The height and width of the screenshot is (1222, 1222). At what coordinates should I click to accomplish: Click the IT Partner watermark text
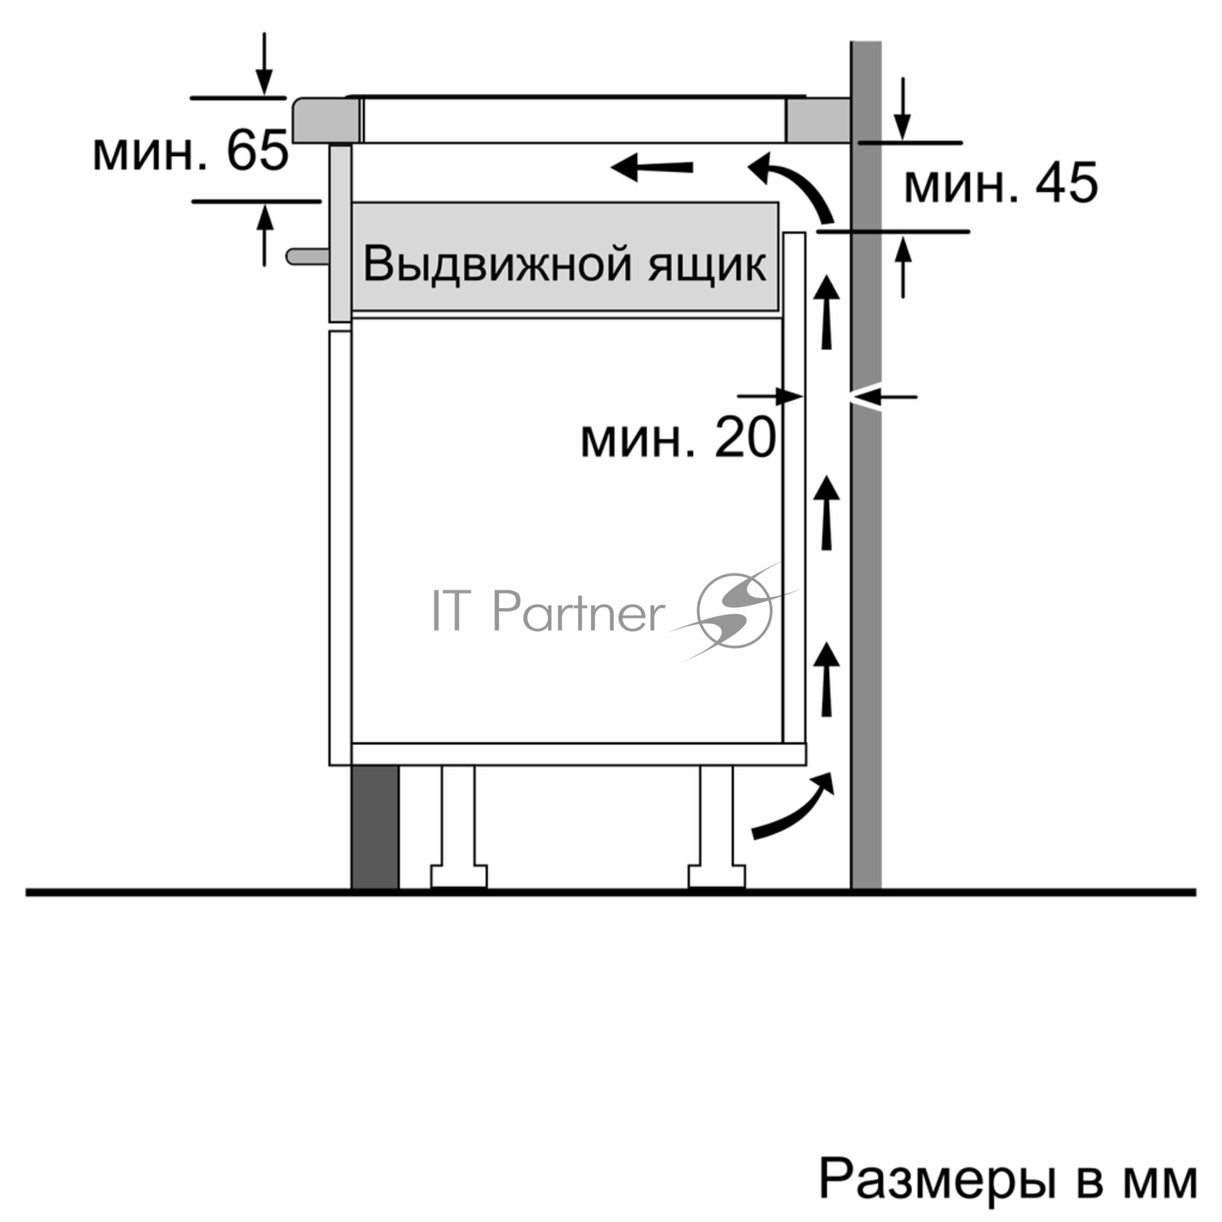[x=547, y=612]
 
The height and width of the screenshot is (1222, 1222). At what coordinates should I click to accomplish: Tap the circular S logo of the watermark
[x=734, y=610]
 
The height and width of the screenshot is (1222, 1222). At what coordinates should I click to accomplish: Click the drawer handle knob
[x=307, y=256]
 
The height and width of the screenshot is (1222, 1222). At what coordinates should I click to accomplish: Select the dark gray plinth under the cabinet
[x=375, y=827]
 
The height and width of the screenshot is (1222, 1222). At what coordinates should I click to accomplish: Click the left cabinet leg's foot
[x=459, y=876]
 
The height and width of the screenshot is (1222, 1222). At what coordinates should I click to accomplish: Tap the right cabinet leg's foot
[x=717, y=876]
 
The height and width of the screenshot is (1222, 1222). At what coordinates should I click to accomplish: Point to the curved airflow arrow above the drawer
[x=793, y=186]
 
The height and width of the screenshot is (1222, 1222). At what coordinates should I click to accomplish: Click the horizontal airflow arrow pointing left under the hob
[x=651, y=167]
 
